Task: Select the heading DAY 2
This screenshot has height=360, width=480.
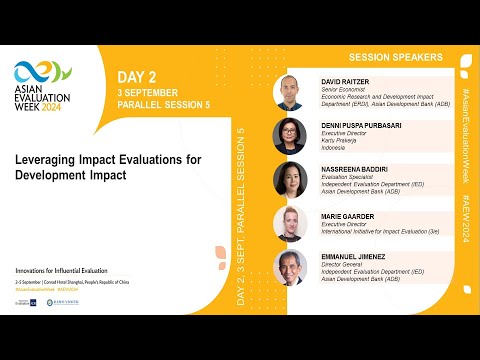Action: point(137,76)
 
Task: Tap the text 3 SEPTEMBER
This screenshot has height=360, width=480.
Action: point(149,91)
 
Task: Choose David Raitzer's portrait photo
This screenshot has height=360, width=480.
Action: point(290,93)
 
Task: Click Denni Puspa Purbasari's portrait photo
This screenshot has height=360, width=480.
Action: point(290,136)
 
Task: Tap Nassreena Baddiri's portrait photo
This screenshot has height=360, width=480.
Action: point(290,180)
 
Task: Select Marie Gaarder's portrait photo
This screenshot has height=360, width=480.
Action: point(290,223)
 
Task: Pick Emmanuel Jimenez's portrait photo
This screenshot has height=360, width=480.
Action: point(290,267)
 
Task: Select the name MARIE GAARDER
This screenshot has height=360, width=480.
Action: point(348,215)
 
